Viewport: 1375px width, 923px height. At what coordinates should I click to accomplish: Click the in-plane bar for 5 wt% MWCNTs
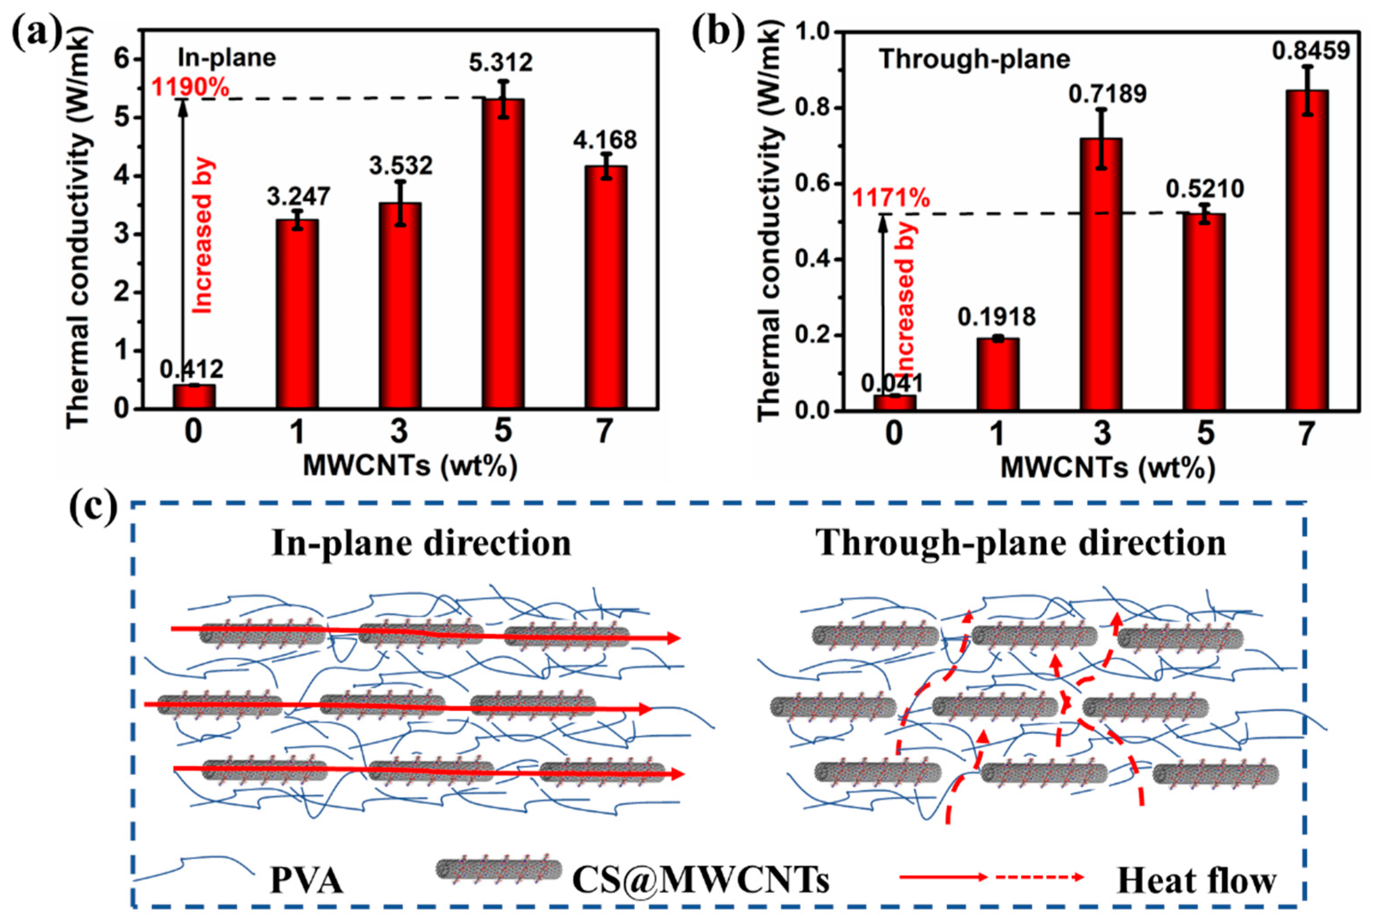tap(502, 253)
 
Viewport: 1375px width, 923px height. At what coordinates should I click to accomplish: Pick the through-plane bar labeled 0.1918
tap(997, 374)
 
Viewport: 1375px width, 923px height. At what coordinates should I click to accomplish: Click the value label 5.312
tap(501, 62)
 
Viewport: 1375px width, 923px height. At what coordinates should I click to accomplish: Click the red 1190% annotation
tap(190, 88)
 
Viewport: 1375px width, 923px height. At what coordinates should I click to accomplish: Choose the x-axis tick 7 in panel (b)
tap(1305, 434)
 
